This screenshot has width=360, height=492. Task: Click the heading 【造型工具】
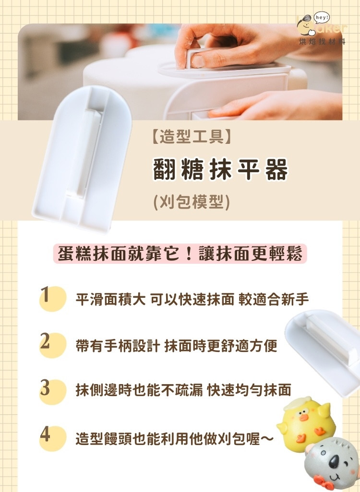(191, 139)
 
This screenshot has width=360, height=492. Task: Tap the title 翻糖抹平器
(221, 170)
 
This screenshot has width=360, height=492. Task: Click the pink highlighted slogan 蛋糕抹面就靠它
(180, 253)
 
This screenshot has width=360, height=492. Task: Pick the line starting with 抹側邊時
(183, 390)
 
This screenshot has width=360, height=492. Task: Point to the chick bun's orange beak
(303, 418)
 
